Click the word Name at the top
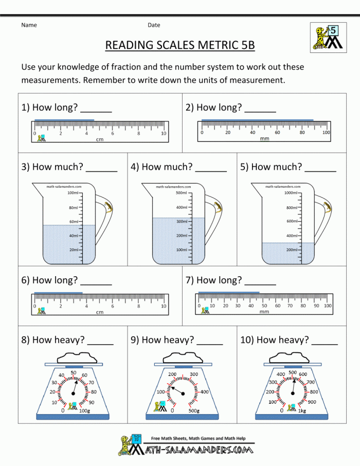[29, 25]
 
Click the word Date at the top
[154, 25]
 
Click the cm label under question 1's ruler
[99, 139]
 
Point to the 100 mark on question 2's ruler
[326, 133]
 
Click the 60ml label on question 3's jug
[74, 222]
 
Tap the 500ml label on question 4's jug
[182, 193]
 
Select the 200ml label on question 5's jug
[292, 249]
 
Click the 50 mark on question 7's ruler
[264, 306]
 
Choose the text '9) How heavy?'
[162, 339]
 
